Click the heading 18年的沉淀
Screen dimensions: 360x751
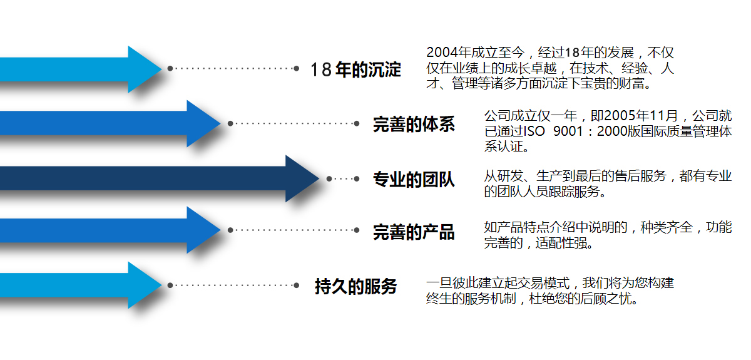tap(355, 69)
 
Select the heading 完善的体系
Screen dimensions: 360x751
tap(414, 124)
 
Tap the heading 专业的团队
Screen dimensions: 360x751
tap(414, 180)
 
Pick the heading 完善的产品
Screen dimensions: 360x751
tap(414, 232)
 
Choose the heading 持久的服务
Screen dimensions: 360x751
tap(355, 287)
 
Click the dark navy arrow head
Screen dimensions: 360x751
tap(300, 178)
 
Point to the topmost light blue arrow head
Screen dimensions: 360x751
tap(143, 69)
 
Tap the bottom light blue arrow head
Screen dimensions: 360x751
tap(143, 285)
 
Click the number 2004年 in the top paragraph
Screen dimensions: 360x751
tap(447, 53)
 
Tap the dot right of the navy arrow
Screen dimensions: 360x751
tap(329, 178)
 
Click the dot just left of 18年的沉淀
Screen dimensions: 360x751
tap(297, 68)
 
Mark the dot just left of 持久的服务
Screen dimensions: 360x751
tap(297, 285)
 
